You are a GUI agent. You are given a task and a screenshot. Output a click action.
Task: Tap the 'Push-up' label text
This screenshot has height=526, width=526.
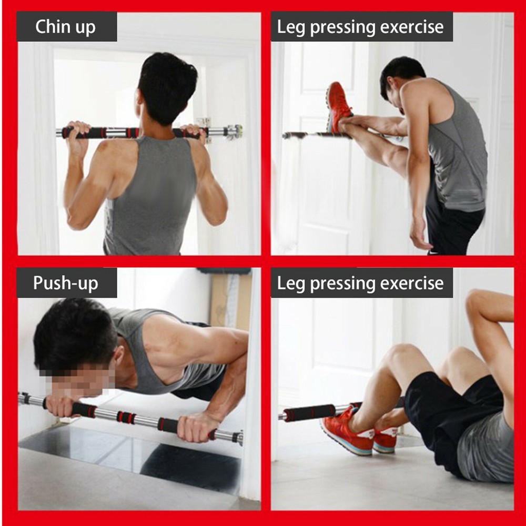click(65, 283)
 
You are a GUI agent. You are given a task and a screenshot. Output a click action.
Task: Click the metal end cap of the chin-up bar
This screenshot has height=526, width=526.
click(235, 131)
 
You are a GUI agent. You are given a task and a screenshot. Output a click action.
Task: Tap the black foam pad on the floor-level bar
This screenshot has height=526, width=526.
click(310, 412)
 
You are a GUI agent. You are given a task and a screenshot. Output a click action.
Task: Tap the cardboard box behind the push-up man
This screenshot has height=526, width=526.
click(226, 300)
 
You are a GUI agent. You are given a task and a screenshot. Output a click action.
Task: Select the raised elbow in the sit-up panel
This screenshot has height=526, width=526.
click(476, 300)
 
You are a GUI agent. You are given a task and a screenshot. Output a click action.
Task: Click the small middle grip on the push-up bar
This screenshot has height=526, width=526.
click(126, 417)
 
